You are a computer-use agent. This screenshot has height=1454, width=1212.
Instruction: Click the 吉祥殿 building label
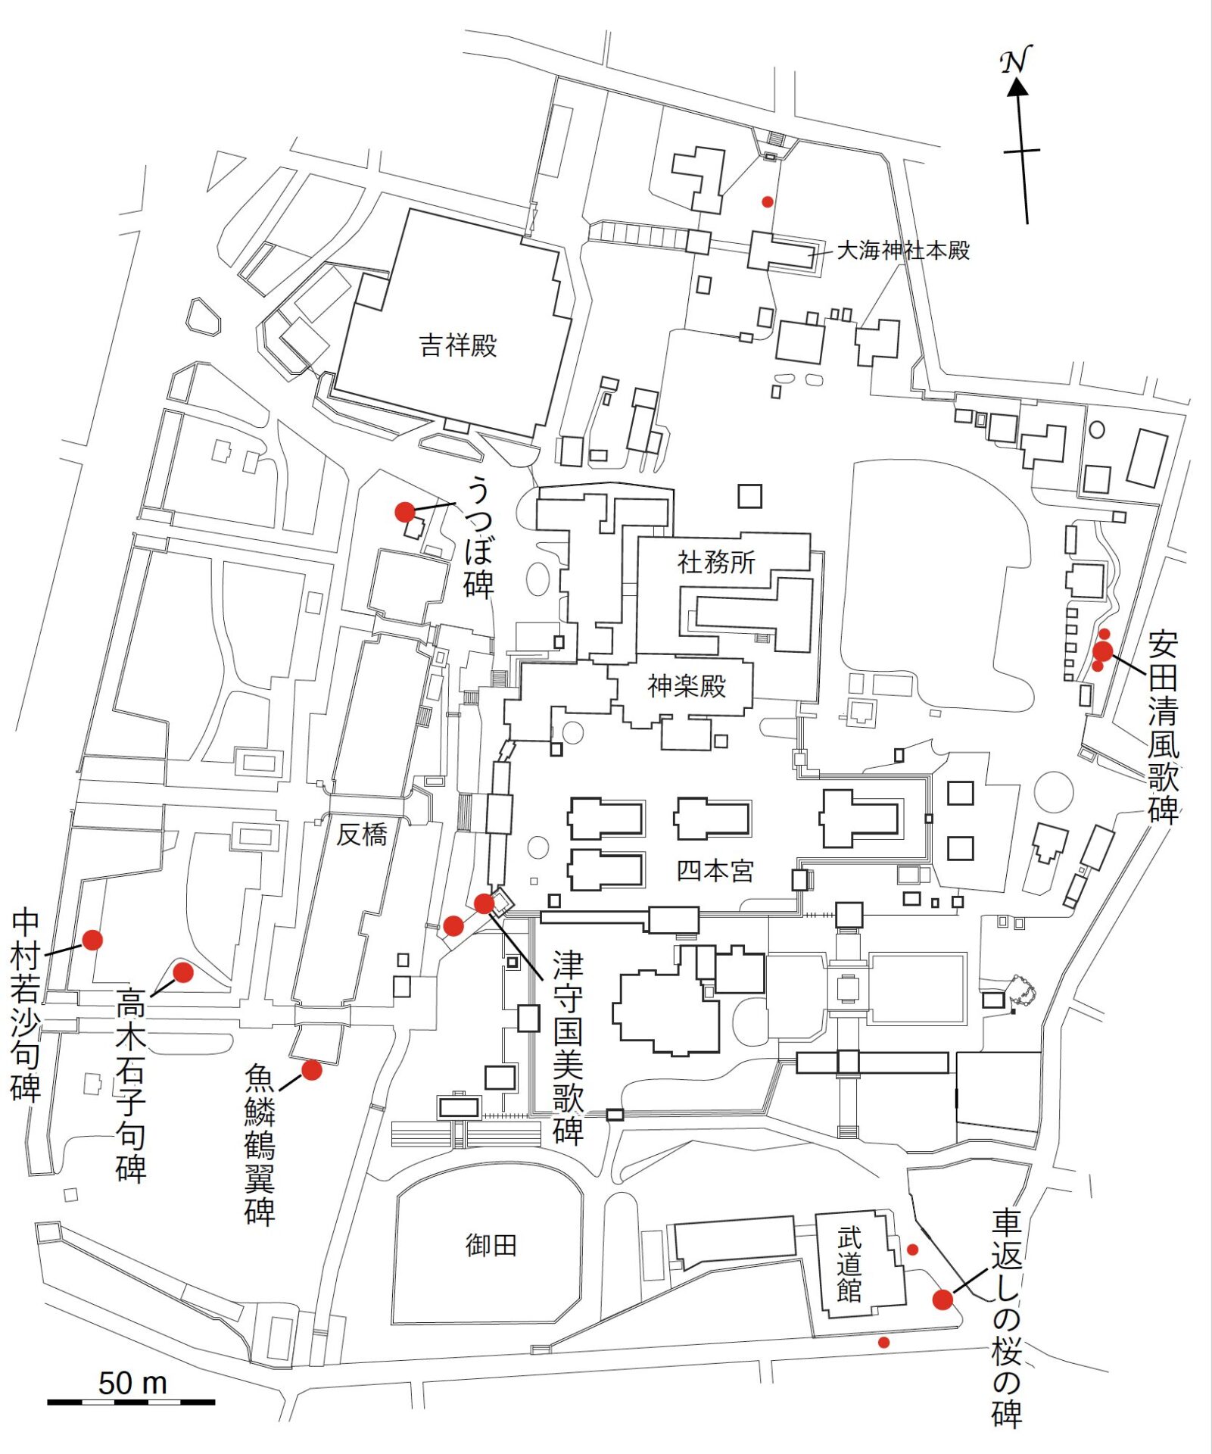(x=458, y=346)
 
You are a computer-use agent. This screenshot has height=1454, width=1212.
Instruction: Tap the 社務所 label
(x=716, y=562)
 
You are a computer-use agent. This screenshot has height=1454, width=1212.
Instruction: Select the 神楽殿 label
(x=687, y=686)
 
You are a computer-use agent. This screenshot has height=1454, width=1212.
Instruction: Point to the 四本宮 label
(x=715, y=871)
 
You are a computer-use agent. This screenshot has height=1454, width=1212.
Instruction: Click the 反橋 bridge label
(x=362, y=835)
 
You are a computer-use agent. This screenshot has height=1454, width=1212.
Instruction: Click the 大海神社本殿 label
(x=903, y=251)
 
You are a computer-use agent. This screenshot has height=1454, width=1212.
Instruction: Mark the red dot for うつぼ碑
(x=405, y=512)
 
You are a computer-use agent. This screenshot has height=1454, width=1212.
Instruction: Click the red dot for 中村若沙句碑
(x=92, y=940)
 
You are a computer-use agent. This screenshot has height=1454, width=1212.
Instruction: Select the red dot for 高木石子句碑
(x=183, y=972)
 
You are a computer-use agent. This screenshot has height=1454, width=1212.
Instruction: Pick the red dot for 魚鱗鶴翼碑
(x=311, y=1069)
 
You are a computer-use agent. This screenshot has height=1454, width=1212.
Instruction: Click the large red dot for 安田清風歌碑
(x=1103, y=651)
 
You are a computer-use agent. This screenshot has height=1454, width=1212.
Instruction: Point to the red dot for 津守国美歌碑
(x=484, y=903)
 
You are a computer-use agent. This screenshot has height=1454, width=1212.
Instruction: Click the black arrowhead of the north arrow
(x=1017, y=87)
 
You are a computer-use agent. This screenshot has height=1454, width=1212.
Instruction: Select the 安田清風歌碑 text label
(x=1163, y=727)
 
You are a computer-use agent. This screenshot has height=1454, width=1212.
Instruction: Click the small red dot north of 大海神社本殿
(x=768, y=201)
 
